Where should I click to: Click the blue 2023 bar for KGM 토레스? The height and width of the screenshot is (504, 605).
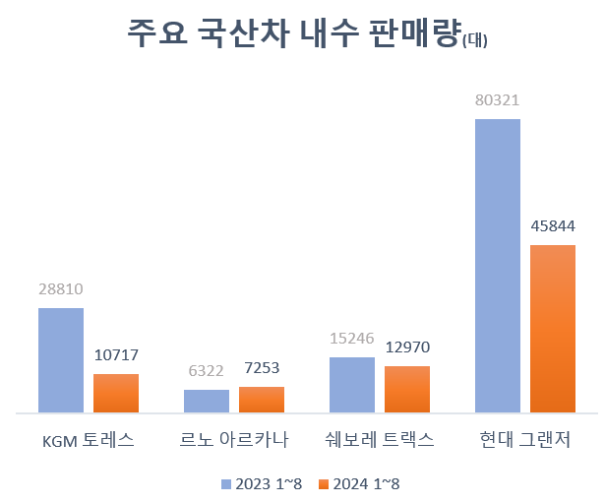[61, 359]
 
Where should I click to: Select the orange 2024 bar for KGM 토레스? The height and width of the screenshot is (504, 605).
[116, 393]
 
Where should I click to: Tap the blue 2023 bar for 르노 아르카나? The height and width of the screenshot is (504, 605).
[207, 401]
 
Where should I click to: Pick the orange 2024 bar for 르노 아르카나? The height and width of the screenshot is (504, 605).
[262, 399]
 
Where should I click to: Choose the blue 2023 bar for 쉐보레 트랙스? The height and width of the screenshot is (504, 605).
[352, 384]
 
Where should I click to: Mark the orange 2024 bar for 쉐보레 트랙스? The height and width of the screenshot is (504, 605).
[407, 389]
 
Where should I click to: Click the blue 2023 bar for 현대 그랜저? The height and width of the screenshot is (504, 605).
[498, 265]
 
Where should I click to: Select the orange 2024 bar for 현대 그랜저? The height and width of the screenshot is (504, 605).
[553, 328]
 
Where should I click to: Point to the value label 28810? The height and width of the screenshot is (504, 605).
[61, 290]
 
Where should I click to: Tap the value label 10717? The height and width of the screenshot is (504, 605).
[116, 355]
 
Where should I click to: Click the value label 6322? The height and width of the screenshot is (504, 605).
[207, 370]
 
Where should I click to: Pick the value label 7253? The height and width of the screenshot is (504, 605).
[262, 368]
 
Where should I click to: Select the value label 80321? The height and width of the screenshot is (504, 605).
[498, 100]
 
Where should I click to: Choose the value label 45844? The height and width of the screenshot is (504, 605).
[553, 226]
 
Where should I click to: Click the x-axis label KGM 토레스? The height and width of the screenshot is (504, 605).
[89, 439]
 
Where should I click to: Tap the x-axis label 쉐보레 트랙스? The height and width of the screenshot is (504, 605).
[380, 439]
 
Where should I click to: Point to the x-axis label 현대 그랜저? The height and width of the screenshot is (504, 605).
[525, 439]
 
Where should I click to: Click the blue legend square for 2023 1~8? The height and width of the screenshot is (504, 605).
[225, 483]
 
